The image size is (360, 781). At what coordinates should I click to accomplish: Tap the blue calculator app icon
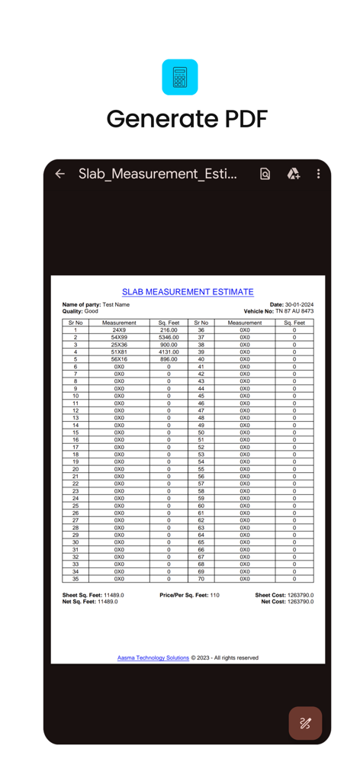(x=180, y=77)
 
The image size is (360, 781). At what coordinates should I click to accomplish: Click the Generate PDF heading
(x=187, y=119)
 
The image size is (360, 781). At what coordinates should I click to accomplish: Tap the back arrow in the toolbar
(x=60, y=174)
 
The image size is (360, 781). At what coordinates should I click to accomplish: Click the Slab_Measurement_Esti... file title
(x=158, y=174)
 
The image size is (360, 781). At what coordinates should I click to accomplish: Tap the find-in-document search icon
(x=265, y=174)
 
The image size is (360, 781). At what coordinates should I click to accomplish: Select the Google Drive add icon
(x=294, y=174)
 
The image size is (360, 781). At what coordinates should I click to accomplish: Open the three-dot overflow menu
(x=318, y=174)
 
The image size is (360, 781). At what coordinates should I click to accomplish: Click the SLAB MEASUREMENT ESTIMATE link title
(x=188, y=292)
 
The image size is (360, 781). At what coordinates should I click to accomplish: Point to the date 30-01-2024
(x=299, y=305)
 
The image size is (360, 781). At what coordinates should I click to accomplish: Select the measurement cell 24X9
(x=119, y=330)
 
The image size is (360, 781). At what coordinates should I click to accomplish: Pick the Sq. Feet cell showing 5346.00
(x=169, y=337)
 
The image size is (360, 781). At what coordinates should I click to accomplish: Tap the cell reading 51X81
(x=119, y=352)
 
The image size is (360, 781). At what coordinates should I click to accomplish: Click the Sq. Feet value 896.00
(x=169, y=359)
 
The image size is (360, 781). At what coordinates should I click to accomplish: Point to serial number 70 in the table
(x=201, y=579)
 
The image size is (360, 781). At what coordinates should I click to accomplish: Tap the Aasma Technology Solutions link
(x=153, y=657)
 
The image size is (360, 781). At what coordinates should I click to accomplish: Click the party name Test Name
(x=116, y=305)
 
